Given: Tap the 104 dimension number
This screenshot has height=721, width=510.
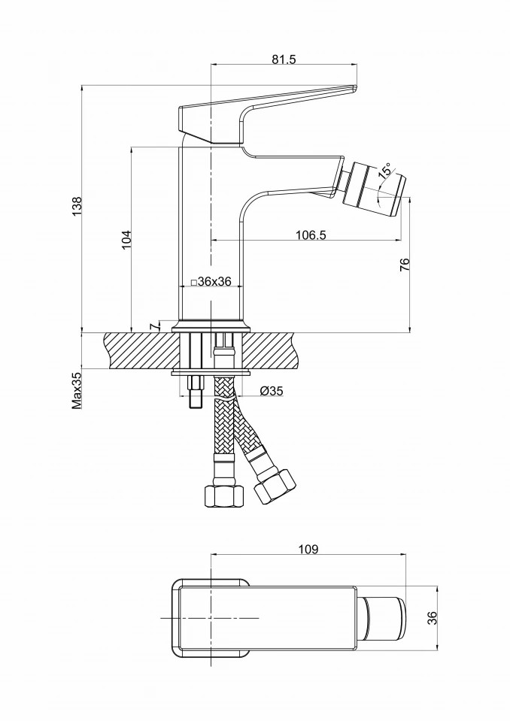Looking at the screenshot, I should (x=126, y=239).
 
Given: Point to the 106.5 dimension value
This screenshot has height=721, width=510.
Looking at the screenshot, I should (x=310, y=235).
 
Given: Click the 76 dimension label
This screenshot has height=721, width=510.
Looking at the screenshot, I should (x=405, y=264).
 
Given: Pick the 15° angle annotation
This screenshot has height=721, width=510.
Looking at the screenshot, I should (x=385, y=171).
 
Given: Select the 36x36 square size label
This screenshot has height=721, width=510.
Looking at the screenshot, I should (x=211, y=281).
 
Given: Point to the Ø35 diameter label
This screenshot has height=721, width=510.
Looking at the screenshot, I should (x=270, y=390).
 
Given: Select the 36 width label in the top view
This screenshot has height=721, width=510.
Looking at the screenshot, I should (x=432, y=617).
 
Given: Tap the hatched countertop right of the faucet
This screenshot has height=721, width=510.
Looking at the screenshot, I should (x=275, y=350).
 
